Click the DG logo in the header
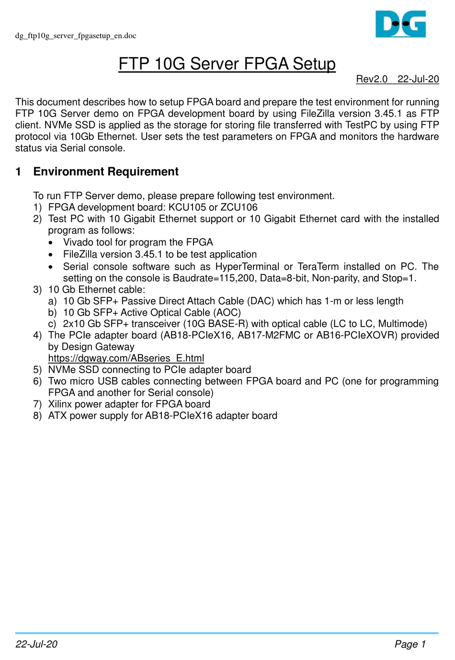(400, 24)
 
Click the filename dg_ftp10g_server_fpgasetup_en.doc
(76, 36)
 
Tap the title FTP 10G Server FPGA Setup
(227, 64)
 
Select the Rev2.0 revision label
(372, 79)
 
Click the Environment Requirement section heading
(106, 171)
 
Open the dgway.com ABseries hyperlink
(126, 358)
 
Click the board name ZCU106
(239, 207)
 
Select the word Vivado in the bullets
(78, 242)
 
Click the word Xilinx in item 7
(60, 404)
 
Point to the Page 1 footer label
(410, 644)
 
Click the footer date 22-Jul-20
(36, 644)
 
